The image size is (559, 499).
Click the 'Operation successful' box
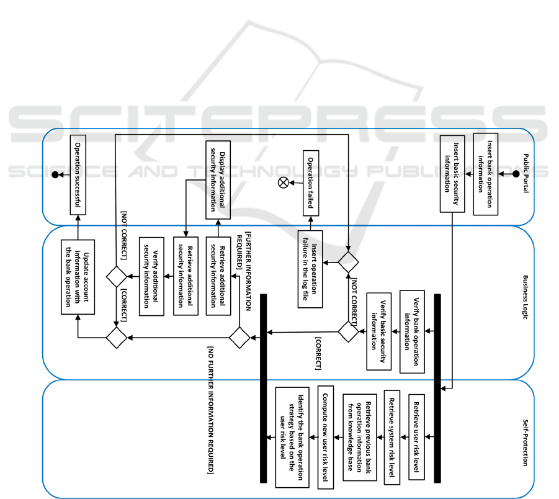coord(78,174)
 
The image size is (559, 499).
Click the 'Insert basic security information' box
coord(452,174)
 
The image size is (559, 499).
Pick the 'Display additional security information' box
coord(217,179)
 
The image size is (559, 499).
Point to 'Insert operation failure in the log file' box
coord(310,273)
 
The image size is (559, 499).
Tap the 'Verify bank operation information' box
coord(413,331)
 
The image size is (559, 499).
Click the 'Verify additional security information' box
coord(150,276)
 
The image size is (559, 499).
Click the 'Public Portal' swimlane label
coord(525,173)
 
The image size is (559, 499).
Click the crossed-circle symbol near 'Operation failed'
coord(284,182)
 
